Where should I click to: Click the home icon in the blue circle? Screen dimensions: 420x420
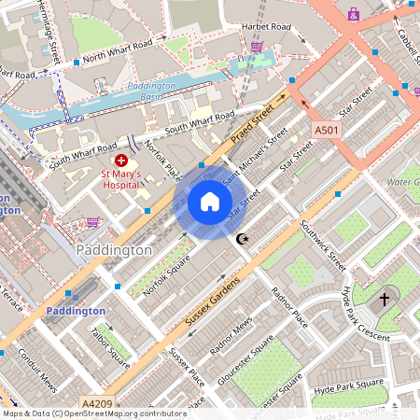tap(209, 202)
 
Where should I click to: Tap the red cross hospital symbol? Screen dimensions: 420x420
tap(121, 161)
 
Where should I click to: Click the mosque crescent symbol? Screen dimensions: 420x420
tap(244, 240)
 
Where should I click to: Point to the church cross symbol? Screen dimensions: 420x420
tap(384, 301)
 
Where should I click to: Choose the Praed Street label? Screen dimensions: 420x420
tap(255, 120)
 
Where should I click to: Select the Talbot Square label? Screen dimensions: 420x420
tap(110, 341)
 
